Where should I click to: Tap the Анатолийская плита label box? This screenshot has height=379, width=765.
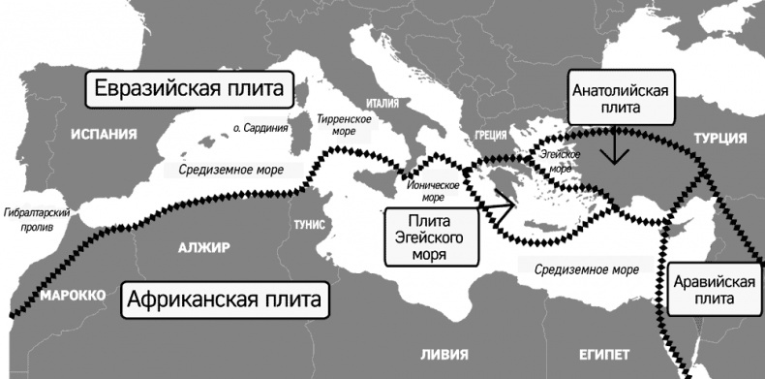click(617, 100)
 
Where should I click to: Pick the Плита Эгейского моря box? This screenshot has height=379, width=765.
click(433, 237)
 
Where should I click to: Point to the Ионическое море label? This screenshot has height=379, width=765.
click(434, 190)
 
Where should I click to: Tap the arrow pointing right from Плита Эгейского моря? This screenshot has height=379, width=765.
click(496, 204)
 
